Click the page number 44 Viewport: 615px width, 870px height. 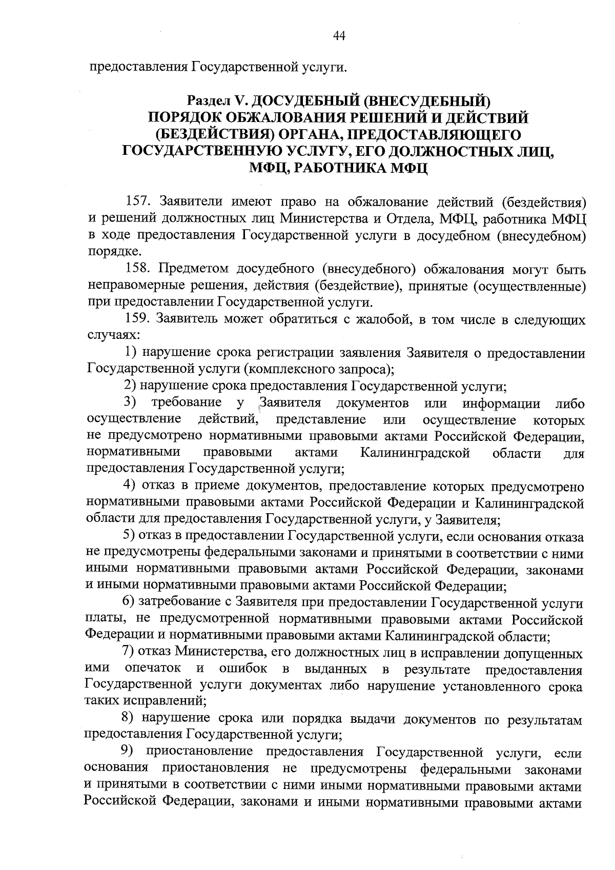[x=339, y=35]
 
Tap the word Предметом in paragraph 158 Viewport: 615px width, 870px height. [x=193, y=269]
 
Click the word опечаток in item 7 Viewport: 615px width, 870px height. [x=153, y=669]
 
